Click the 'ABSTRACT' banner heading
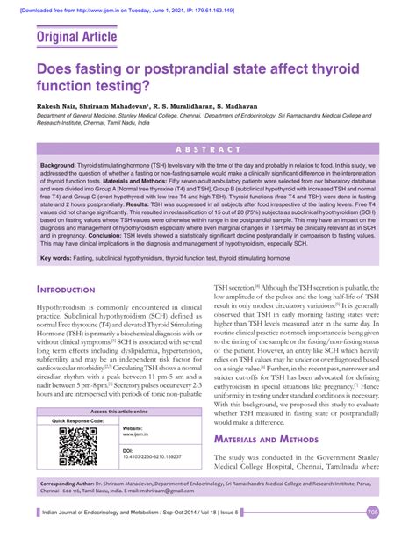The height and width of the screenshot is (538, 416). (x=208, y=149)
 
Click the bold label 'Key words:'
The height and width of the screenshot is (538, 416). (x=60, y=257)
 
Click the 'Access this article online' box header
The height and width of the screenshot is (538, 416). (x=118, y=411)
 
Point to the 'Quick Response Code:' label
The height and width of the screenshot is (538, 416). (x=78, y=421)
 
